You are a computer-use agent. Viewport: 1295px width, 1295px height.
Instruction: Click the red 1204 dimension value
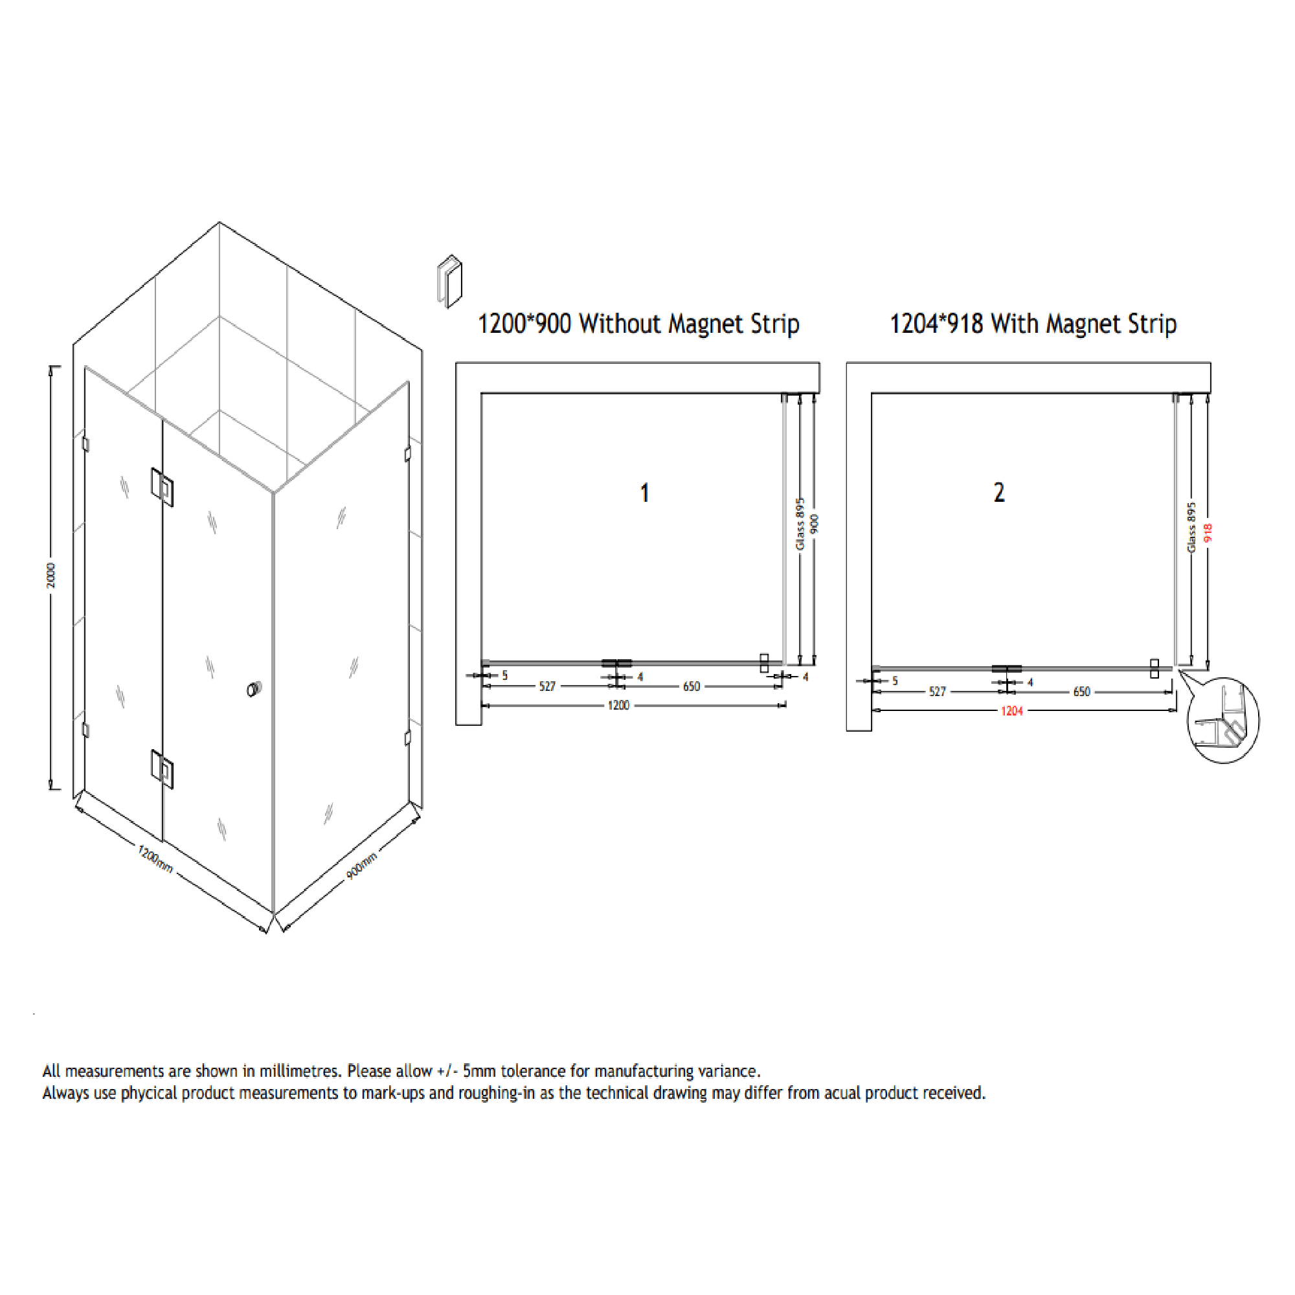pyautogui.click(x=1011, y=711)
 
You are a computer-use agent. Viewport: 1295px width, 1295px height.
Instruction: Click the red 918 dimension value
pyautogui.click(x=1207, y=533)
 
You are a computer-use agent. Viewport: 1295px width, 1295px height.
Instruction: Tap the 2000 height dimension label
pyautogui.click(x=51, y=576)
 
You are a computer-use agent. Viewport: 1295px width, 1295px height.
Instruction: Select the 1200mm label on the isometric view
pyautogui.click(x=155, y=859)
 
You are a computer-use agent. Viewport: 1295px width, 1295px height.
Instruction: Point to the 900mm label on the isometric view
pyautogui.click(x=361, y=866)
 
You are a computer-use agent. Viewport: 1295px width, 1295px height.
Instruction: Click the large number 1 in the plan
pyautogui.click(x=644, y=493)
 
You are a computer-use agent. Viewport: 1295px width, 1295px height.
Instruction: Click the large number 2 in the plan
pyautogui.click(x=998, y=493)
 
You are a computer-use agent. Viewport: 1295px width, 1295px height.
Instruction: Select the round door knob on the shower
pyautogui.click(x=254, y=688)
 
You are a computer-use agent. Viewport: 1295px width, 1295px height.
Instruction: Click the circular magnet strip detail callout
pyautogui.click(x=1222, y=721)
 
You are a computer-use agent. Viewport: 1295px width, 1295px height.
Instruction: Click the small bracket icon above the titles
pyautogui.click(x=450, y=281)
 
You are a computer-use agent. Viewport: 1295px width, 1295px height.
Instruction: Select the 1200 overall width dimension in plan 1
pyautogui.click(x=618, y=705)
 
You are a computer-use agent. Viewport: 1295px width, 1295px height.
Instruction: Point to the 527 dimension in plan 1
pyautogui.click(x=547, y=686)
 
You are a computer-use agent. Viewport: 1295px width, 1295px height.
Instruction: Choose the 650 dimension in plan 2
pyautogui.click(x=1081, y=692)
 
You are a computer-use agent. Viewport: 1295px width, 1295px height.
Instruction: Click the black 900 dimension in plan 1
pyautogui.click(x=814, y=524)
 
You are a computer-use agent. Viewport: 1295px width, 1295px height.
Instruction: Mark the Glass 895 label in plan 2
pyautogui.click(x=1191, y=528)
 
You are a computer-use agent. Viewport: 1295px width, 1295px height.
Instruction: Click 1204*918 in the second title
pyautogui.click(x=936, y=324)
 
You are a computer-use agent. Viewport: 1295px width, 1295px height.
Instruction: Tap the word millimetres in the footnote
pyautogui.click(x=300, y=1070)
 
